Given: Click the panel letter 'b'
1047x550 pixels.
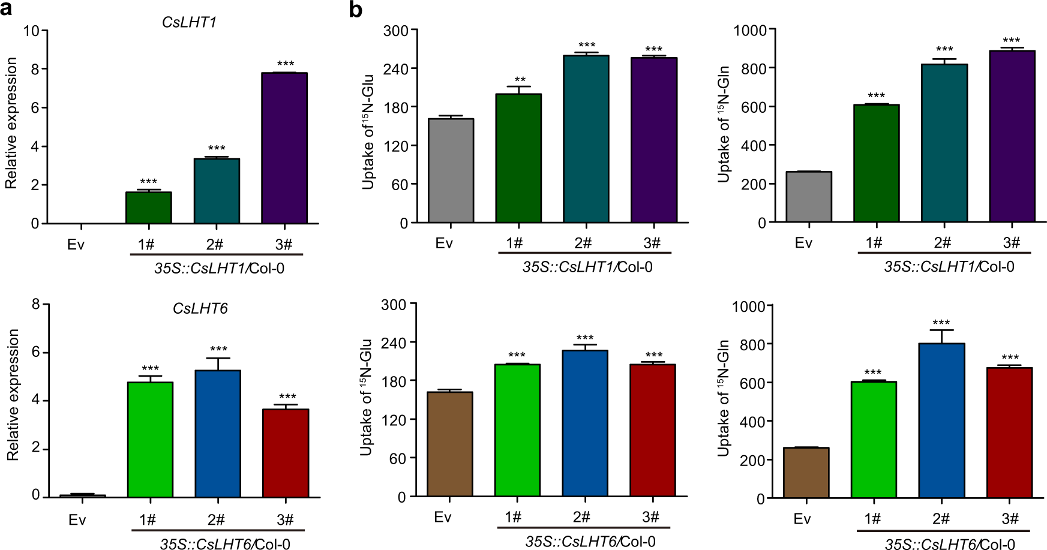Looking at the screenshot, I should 355,10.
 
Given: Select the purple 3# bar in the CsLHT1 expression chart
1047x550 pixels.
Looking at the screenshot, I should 284,148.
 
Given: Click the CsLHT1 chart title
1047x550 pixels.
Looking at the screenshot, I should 189,22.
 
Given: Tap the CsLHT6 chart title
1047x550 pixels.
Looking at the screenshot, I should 200,308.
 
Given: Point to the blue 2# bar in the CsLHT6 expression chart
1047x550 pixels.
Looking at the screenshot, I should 218,434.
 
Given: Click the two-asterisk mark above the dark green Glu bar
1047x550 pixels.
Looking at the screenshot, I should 520,80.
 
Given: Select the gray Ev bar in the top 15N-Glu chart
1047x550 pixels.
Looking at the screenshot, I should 451,171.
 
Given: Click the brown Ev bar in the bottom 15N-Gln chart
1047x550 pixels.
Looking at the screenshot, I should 806,473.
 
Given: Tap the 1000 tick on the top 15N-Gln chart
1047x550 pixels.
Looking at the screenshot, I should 749,30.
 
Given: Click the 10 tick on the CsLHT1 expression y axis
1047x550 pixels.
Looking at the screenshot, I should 31,31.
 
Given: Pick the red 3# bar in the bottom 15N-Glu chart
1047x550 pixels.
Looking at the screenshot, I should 653,431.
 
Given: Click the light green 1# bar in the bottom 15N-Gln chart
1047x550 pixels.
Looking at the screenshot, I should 873,440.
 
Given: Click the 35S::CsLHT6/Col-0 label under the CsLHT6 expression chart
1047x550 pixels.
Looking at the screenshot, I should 224,544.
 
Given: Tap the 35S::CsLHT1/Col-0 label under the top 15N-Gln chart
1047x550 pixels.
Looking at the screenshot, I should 949,266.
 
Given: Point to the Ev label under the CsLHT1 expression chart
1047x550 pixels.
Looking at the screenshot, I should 76,245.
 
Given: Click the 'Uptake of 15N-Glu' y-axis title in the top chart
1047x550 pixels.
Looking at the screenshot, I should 368,131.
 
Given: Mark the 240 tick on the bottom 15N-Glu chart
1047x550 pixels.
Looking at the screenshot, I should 394,342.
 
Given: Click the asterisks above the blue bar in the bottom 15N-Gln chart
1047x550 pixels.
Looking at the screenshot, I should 941,323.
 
